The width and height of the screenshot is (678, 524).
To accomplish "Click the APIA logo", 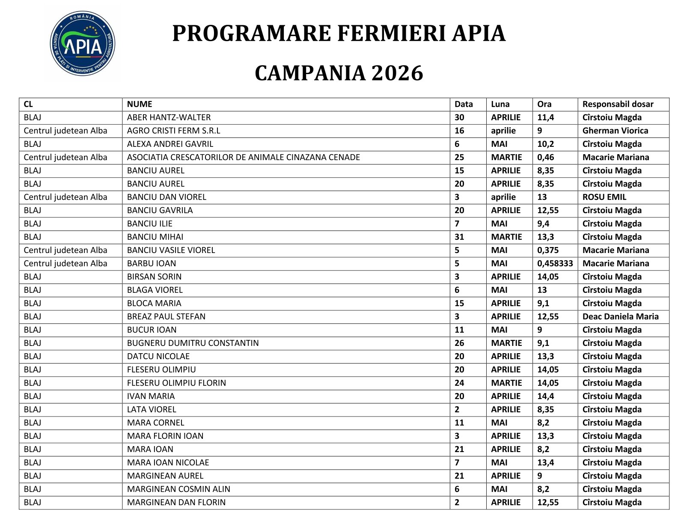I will (x=83, y=44).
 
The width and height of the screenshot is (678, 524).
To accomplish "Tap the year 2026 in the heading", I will (x=397, y=73).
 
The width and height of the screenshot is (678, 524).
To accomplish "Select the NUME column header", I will (x=140, y=104).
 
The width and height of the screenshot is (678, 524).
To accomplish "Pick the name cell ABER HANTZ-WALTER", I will (x=169, y=117).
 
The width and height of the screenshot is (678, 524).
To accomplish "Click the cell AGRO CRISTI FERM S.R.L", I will (x=173, y=131).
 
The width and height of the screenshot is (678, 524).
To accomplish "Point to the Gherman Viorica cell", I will (x=615, y=131).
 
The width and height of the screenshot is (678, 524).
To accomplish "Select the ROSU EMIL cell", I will (x=604, y=197).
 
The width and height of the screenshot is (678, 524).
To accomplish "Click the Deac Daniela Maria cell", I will (x=620, y=316).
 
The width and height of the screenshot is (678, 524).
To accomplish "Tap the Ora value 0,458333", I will (x=555, y=263).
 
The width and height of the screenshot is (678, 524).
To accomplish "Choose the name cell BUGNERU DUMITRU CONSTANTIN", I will (x=193, y=343).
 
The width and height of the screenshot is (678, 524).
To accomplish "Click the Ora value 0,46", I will (x=546, y=157).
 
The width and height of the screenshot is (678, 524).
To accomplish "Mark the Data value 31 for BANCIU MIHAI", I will (x=459, y=237).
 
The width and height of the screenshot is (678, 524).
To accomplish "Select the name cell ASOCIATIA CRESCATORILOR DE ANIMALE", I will (x=243, y=157).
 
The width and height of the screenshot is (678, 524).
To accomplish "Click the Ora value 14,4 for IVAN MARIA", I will (x=545, y=396).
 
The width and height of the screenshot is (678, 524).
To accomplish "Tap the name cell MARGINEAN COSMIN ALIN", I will (x=178, y=489).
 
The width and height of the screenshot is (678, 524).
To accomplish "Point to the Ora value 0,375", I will (x=548, y=250).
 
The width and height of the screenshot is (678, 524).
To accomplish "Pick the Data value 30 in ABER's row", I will (x=459, y=117).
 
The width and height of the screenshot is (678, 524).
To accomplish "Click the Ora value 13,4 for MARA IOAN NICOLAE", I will (x=545, y=462).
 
